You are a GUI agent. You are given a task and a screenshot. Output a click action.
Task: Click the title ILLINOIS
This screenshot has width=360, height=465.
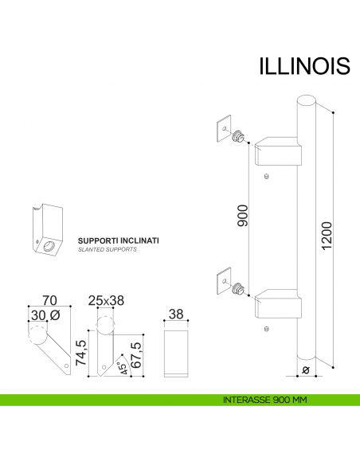pyautogui.click(x=304, y=64)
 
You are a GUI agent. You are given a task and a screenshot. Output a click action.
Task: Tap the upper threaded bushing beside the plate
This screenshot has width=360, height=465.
pyautogui.click(x=237, y=139)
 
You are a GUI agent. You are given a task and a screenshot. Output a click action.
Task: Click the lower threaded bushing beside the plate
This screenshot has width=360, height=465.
pyautogui.click(x=237, y=291)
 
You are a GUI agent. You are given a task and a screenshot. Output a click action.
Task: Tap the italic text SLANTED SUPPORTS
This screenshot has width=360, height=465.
pyautogui.click(x=108, y=249)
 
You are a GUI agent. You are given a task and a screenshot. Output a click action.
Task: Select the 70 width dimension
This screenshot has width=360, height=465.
pyautogui.click(x=49, y=302)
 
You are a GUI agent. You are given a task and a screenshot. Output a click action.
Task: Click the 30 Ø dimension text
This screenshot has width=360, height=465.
pyautogui.click(x=44, y=315)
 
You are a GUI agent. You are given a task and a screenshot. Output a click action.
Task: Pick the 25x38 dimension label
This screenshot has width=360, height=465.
pyautogui.click(x=106, y=302)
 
